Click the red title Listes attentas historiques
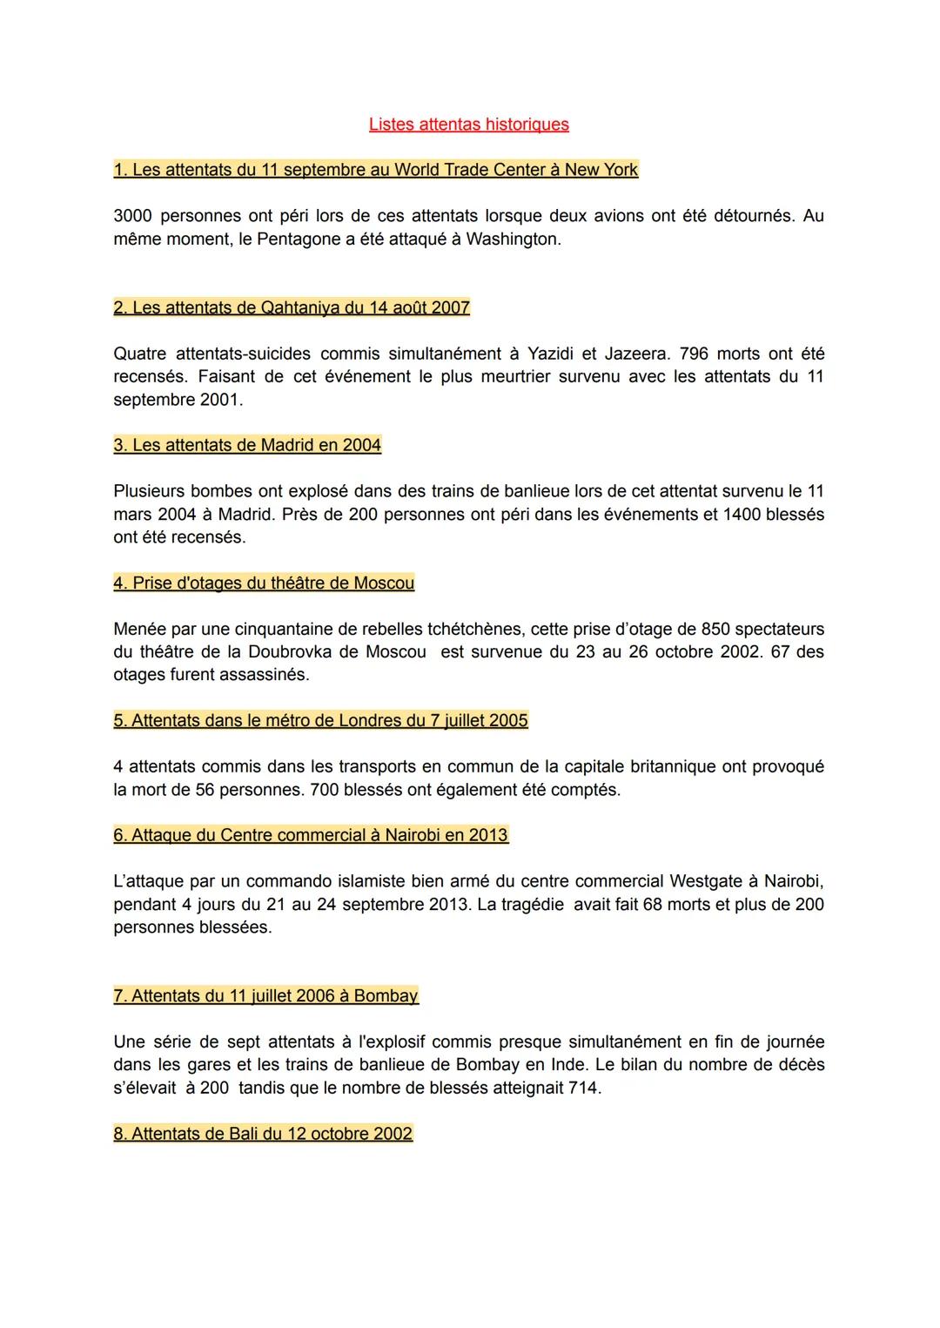point(468,125)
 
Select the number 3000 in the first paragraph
point(132,216)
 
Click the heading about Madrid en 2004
point(247,445)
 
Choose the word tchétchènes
point(474,629)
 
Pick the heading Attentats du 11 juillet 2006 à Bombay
point(265,995)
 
